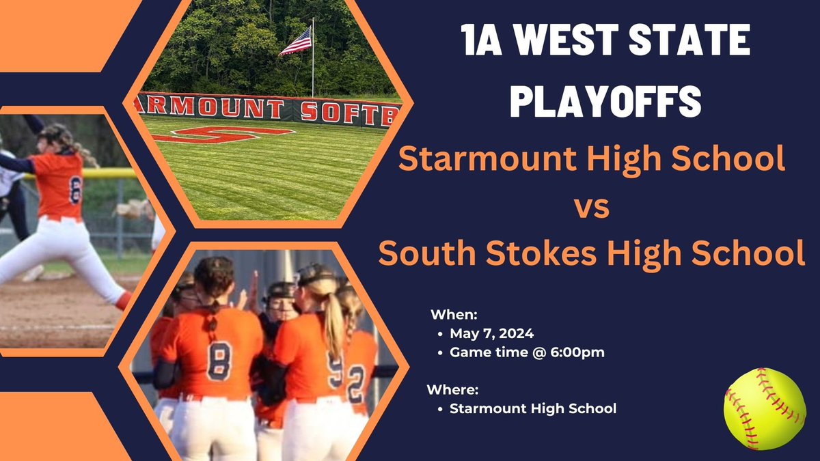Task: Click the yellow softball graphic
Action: click(765, 408)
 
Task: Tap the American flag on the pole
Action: click(296, 42)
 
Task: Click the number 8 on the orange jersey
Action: click(219, 360)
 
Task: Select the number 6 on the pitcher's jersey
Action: click(75, 189)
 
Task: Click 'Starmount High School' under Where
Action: click(533, 409)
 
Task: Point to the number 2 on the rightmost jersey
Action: click(357, 385)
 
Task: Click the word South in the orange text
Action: click(423, 253)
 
